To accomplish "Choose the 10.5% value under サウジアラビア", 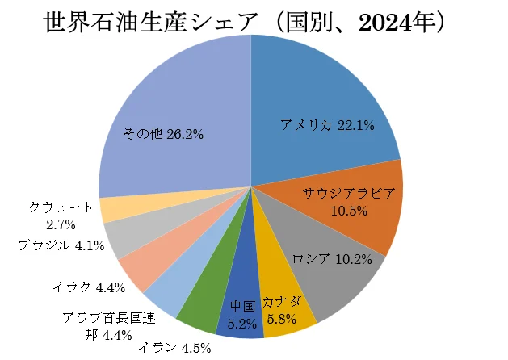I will (349, 211).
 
